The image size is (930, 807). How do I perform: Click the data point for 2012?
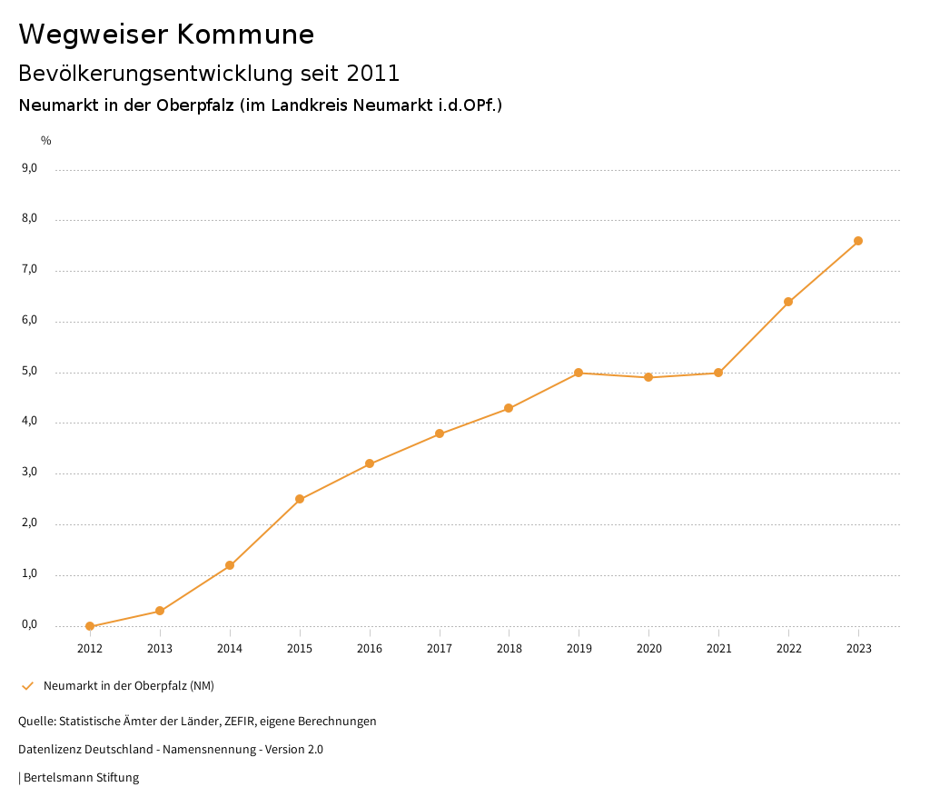90,626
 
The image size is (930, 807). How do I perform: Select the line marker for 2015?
300,499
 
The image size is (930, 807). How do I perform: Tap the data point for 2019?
579,373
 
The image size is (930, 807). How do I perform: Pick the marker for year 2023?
858,241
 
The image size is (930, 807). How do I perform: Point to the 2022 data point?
788,302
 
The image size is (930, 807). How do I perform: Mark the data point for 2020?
648,377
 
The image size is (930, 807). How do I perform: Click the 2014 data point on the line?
230,565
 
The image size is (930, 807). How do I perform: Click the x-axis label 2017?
440,649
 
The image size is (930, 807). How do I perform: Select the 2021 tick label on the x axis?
718,649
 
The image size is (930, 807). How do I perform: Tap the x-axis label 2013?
160,649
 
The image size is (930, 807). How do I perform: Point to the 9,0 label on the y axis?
29,168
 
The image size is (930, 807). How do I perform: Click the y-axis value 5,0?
29,371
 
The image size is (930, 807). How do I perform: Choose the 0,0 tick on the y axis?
29,624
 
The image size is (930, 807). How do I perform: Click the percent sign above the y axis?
46,141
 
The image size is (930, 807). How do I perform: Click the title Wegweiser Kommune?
166,35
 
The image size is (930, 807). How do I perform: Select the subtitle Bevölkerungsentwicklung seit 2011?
209,73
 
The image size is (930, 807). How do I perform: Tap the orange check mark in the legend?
27,686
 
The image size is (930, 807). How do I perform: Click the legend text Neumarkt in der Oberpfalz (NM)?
129,686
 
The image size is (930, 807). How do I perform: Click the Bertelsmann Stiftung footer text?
81,778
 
